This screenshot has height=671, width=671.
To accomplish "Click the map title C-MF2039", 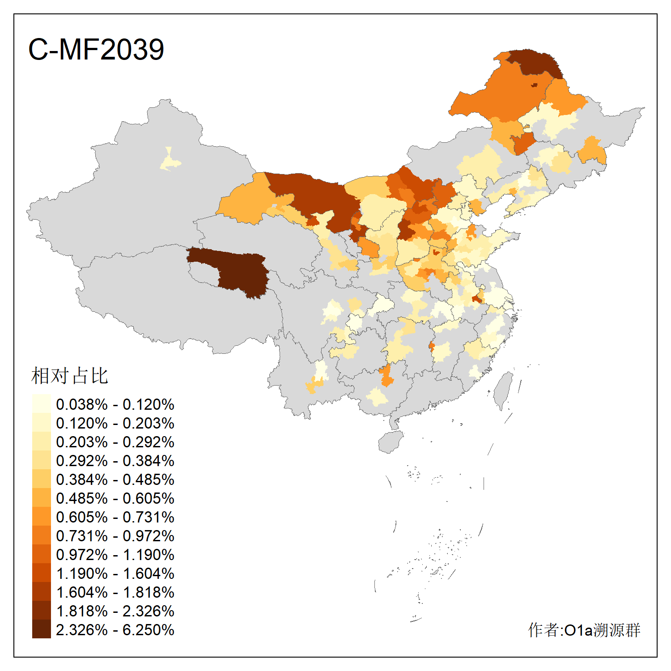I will click(x=96, y=49).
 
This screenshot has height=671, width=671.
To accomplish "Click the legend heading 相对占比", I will click(x=70, y=376).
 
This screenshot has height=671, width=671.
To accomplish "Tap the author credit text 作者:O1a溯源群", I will click(x=584, y=630).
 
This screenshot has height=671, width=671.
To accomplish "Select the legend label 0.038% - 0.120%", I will click(x=115, y=404).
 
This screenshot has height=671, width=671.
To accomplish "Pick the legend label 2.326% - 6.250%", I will click(x=115, y=630).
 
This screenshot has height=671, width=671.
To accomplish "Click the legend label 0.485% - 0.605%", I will click(x=115, y=498).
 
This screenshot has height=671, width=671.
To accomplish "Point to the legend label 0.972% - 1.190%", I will click(x=115, y=555).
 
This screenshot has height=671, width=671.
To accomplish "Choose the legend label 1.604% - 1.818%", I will click(x=115, y=592).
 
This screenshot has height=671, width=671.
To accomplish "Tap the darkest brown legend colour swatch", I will click(x=41, y=629).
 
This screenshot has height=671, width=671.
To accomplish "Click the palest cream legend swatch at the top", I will click(x=41, y=403).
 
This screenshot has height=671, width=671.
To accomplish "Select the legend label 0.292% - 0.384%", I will click(x=115, y=461).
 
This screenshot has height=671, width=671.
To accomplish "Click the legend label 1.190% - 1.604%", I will click(x=115, y=573).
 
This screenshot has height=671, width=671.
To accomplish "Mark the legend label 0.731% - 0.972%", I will click(x=115, y=536).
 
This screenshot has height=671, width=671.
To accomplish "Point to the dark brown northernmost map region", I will click(x=535, y=63).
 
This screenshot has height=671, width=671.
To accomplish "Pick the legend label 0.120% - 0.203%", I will click(x=115, y=423).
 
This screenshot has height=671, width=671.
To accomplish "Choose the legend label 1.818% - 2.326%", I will click(x=115, y=611).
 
